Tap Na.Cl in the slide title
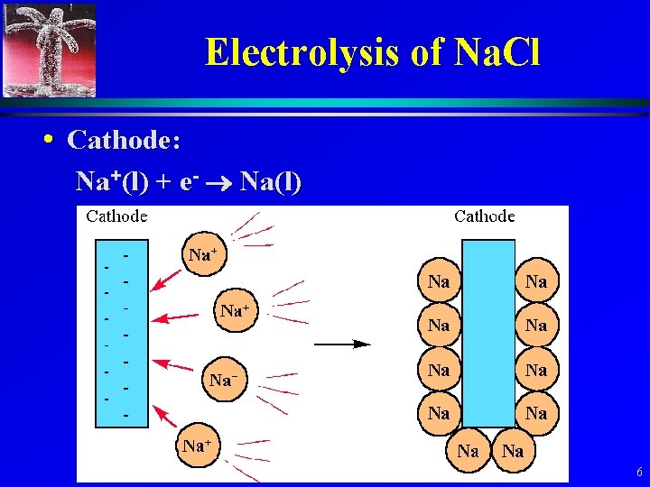[x=497, y=52]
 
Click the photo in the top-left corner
[x=49, y=49]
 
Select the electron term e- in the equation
[x=189, y=182]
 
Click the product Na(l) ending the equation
[x=272, y=182]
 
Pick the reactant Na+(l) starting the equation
[x=112, y=182]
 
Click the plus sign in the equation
[x=163, y=183]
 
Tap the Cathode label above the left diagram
[x=116, y=216]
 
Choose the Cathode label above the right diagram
[x=485, y=216]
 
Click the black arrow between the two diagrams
[x=342, y=344]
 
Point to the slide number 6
[x=639, y=473]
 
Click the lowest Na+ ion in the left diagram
[x=197, y=446]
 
